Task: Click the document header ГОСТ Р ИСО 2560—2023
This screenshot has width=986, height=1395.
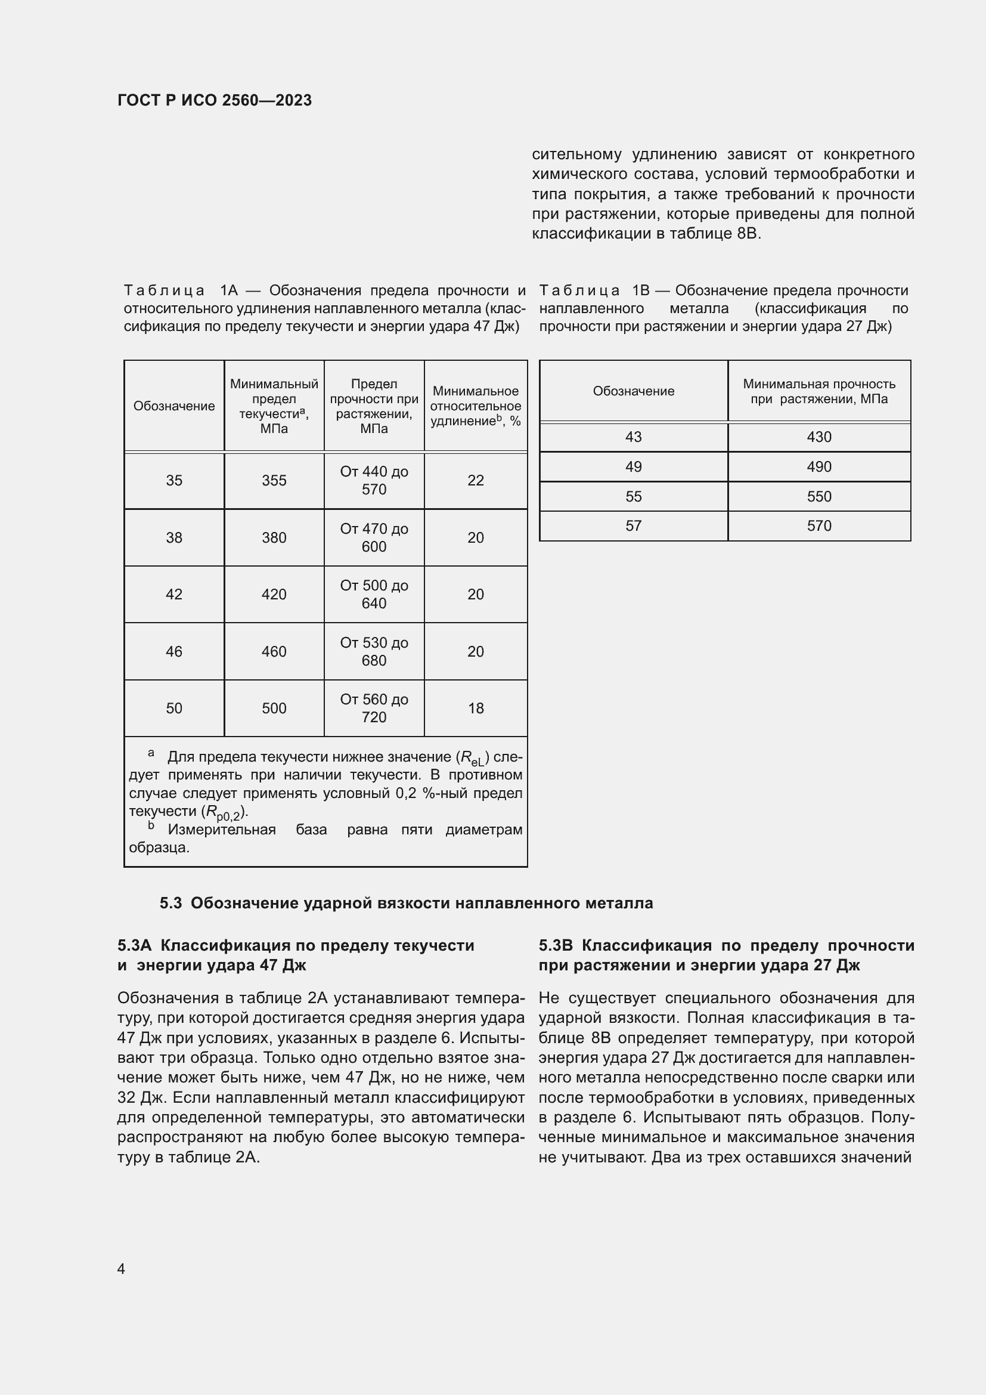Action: tap(215, 100)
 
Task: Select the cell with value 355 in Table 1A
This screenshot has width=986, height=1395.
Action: tap(274, 481)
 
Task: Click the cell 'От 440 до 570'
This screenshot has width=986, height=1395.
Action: tap(373, 481)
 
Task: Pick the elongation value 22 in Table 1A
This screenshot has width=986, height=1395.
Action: tap(475, 481)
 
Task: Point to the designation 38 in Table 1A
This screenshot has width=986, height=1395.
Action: tap(174, 538)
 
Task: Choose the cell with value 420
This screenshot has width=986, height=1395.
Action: tap(274, 594)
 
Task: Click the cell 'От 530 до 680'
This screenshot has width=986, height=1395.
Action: tap(373, 651)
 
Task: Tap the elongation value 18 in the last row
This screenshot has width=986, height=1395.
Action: tap(475, 709)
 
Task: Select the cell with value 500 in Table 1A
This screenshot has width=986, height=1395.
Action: tap(274, 709)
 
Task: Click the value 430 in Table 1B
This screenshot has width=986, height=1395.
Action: tap(818, 437)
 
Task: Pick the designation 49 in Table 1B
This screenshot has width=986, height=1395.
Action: tap(633, 466)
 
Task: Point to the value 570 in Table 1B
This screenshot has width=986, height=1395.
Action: tap(818, 525)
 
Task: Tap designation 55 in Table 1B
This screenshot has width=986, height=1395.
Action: tap(633, 496)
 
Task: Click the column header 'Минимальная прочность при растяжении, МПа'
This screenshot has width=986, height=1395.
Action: tap(818, 391)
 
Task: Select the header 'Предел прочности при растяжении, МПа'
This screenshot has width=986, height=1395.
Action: tap(373, 406)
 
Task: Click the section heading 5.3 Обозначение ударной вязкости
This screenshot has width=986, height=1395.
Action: tap(406, 904)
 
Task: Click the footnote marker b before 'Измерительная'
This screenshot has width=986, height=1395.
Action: tap(151, 826)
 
